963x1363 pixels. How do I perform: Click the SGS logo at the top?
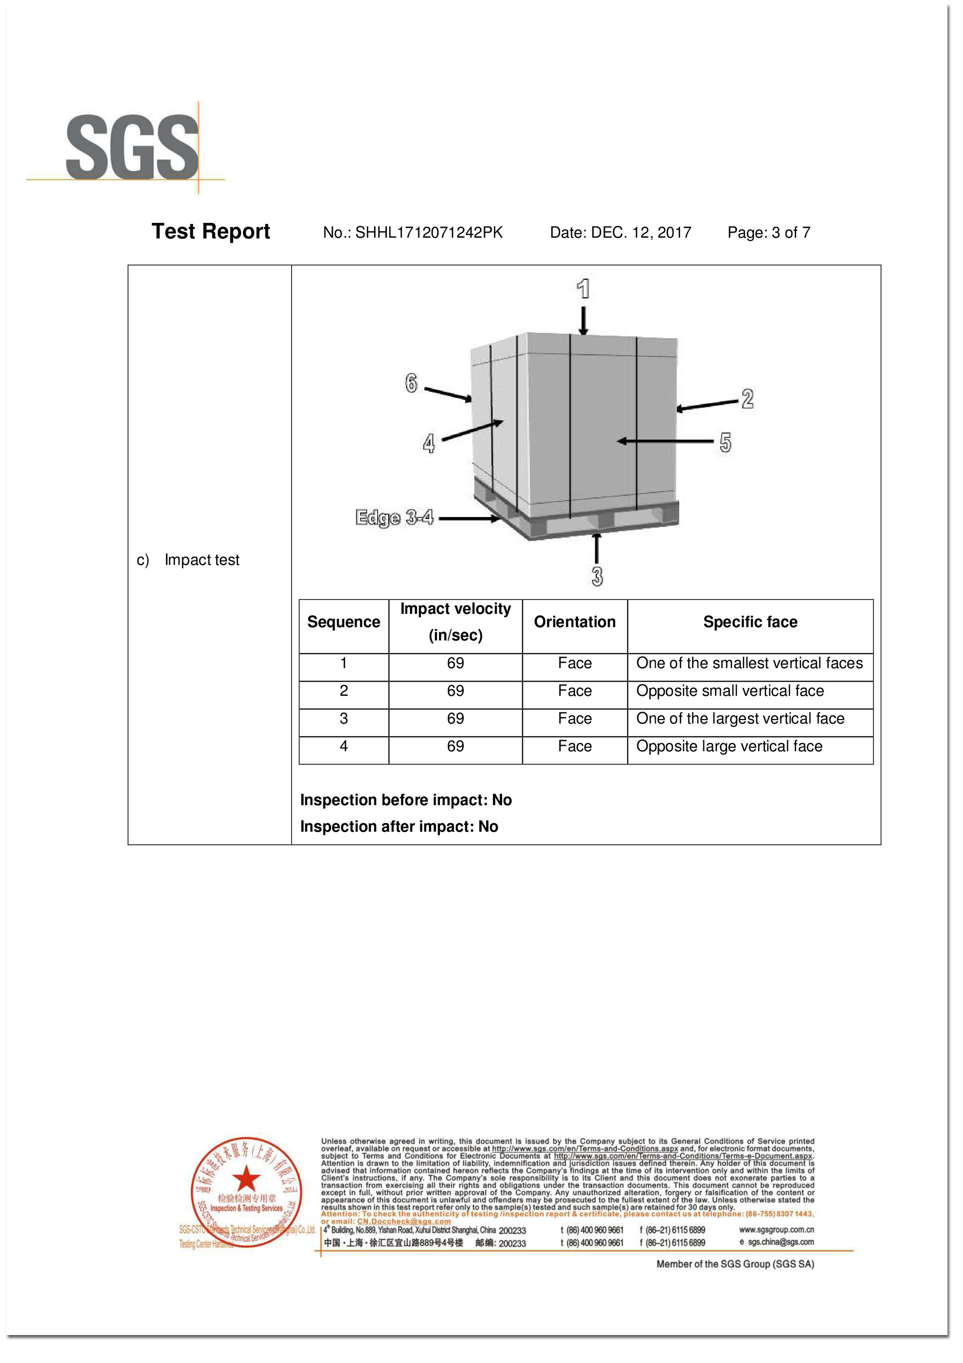pyautogui.click(x=132, y=148)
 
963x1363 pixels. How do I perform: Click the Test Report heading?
pyautogui.click(x=211, y=232)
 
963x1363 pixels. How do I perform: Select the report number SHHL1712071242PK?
pyautogui.click(x=429, y=233)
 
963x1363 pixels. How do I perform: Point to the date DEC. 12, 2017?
pyautogui.click(x=641, y=233)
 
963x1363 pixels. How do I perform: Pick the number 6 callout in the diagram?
pyautogui.click(x=411, y=383)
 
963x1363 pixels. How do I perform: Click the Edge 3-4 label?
pyautogui.click(x=395, y=518)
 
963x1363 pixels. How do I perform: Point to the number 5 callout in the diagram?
pyautogui.click(x=725, y=442)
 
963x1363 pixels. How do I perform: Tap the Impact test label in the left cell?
pyautogui.click(x=202, y=560)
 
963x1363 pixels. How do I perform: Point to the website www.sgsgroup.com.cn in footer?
pyautogui.click(x=776, y=1229)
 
